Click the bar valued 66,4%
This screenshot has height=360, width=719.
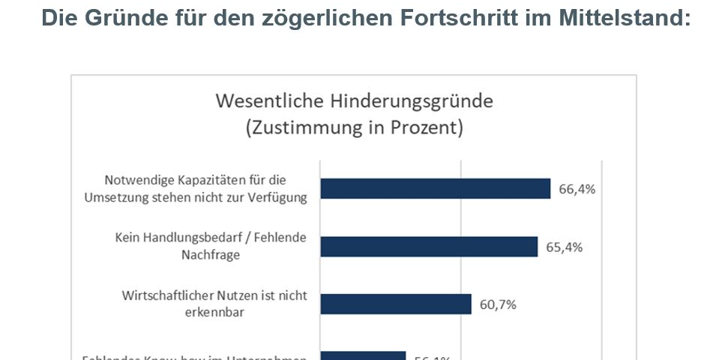click(435, 189)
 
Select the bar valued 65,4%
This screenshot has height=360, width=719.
click(429, 247)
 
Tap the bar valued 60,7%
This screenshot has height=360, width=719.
click(395, 304)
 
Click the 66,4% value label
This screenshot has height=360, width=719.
click(577, 189)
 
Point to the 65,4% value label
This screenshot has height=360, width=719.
click(564, 247)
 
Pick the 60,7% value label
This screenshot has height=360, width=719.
click(498, 304)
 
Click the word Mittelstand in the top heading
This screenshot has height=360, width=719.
click(625, 18)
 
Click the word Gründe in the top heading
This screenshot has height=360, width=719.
click(133, 18)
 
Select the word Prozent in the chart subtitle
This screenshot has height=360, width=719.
click(423, 127)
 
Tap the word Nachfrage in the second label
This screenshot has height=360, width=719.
click(211, 255)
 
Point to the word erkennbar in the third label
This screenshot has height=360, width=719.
click(211, 312)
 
